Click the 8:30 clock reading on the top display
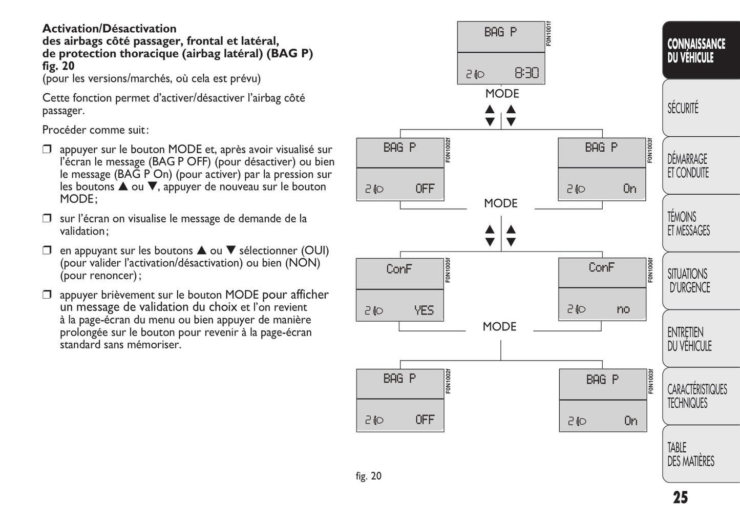(526, 73)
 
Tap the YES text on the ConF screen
(424, 310)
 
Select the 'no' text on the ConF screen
(623, 309)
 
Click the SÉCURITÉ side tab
(683, 108)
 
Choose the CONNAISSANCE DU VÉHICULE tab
(696, 51)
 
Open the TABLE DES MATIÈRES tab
(690, 454)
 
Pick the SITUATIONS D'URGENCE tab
(688, 281)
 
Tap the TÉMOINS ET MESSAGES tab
(688, 223)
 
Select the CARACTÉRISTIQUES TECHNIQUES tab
(696, 396)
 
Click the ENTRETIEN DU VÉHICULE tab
(689, 339)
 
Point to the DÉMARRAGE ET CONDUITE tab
(688, 165)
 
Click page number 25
(680, 497)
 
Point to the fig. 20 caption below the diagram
(368, 476)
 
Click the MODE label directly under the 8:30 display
(502, 94)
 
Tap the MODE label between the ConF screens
(499, 326)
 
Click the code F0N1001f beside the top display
(548, 34)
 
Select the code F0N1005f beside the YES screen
(448, 270)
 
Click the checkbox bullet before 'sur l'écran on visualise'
(47, 219)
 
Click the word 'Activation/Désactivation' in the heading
(109, 29)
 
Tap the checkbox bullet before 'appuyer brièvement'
(47, 295)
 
